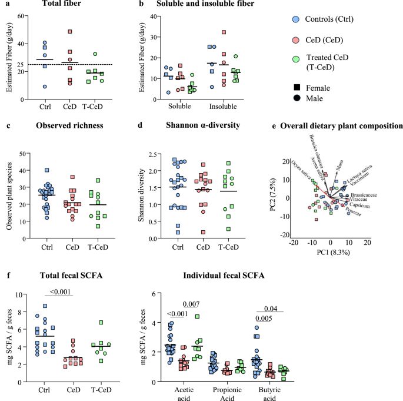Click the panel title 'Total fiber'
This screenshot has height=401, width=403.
[56, 5]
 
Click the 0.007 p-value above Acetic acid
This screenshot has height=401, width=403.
[192, 304]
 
